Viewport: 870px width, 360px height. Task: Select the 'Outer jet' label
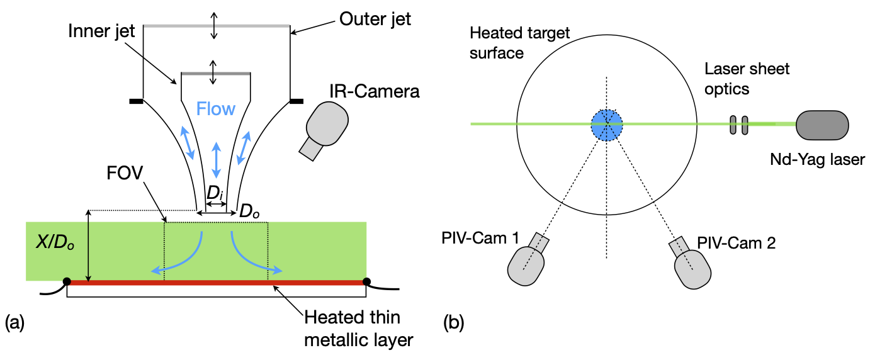pyautogui.click(x=375, y=19)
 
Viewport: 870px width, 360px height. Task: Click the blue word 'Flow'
pyautogui.click(x=215, y=109)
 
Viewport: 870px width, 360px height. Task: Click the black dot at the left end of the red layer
pyautogui.click(x=67, y=281)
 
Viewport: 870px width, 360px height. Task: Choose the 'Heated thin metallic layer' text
pyautogui.click(x=358, y=328)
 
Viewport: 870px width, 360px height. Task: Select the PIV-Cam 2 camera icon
pyautogui.click(x=691, y=264)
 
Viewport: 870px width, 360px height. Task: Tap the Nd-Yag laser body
pyautogui.click(x=822, y=124)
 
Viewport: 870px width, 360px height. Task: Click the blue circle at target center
pyautogui.click(x=607, y=125)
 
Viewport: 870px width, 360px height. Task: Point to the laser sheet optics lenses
pyautogui.click(x=738, y=125)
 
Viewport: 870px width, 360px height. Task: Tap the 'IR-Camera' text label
pyautogui.click(x=373, y=93)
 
